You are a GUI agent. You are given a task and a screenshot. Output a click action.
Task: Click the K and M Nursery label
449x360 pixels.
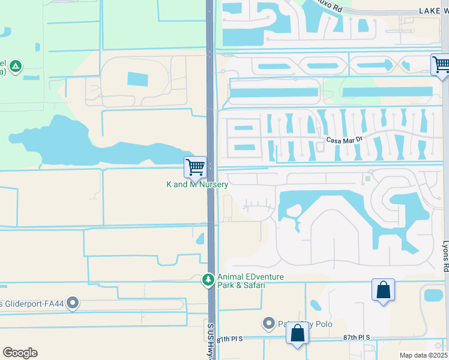[197, 185]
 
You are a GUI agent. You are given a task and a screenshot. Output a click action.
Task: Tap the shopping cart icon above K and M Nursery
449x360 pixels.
[196, 166]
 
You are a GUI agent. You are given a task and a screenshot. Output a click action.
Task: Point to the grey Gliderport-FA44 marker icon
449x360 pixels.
[73, 304]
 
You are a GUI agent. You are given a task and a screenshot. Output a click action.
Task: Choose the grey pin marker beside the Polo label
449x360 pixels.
[268, 324]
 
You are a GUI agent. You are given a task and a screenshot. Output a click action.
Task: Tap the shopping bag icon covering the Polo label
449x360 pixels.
[297, 333]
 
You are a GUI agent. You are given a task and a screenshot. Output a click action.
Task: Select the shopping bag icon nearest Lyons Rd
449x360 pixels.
[384, 290]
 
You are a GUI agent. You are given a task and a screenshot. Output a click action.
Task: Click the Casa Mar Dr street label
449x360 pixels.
[345, 140]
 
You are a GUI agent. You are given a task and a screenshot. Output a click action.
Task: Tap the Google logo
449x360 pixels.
[20, 353]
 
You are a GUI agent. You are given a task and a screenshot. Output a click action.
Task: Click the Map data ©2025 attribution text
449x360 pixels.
[423, 355]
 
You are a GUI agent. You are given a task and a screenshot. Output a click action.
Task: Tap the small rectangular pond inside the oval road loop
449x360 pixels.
[137, 79]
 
